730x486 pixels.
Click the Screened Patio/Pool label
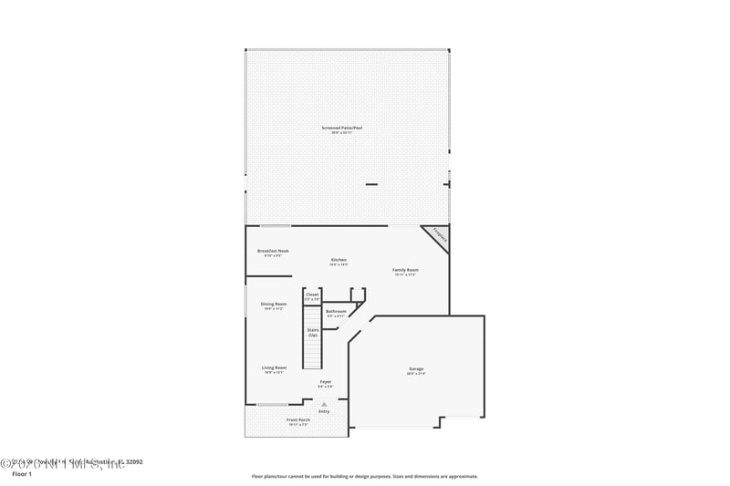click(x=348, y=128)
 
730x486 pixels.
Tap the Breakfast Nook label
click(x=273, y=251)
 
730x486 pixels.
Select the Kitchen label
click(x=339, y=260)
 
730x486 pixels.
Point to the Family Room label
click(x=405, y=270)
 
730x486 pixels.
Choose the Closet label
click(x=312, y=295)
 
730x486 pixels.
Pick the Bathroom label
click(x=336, y=311)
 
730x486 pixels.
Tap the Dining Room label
click(x=274, y=304)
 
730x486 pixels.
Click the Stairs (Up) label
click(x=312, y=332)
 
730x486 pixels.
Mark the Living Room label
click(x=274, y=367)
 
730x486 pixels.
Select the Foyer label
click(x=325, y=381)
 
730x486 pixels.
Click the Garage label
click(x=415, y=368)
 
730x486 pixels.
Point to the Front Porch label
click(x=298, y=419)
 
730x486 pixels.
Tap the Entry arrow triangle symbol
click(x=323, y=404)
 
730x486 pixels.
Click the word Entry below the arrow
click(x=323, y=411)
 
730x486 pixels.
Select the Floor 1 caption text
click(x=21, y=474)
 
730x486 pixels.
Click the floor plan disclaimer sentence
click(x=364, y=476)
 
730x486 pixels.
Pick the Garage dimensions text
click(x=415, y=374)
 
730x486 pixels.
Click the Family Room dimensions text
click(x=405, y=274)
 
